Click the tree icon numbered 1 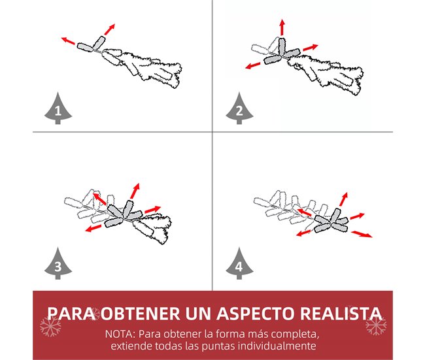pyautogui.click(x=58, y=108)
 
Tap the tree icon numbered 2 pyautogui.click(x=239, y=108)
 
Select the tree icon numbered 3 pyautogui.click(x=58, y=263)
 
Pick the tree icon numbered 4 pyautogui.click(x=239, y=263)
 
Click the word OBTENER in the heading pyautogui.click(x=141, y=314)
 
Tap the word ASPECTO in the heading pyautogui.click(x=256, y=314)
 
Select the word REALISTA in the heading pyautogui.click(x=341, y=314)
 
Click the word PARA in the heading pyautogui.click(x=71, y=314)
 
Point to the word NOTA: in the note pyautogui.click(x=120, y=334)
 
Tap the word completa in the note pyautogui.click(x=295, y=335)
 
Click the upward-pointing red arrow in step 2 pyautogui.click(x=282, y=27)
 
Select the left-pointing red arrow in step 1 pyautogui.click(x=68, y=41)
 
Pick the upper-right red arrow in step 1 pyautogui.click(x=109, y=29)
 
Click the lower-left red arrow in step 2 pyautogui.click(x=252, y=65)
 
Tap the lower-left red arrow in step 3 pyautogui.click(x=93, y=229)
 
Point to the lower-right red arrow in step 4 pyautogui.click(x=362, y=234)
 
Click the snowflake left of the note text pyautogui.click(x=51, y=326)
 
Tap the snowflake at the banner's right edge pyautogui.click(x=376, y=325)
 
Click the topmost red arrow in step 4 pyautogui.click(x=343, y=199)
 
